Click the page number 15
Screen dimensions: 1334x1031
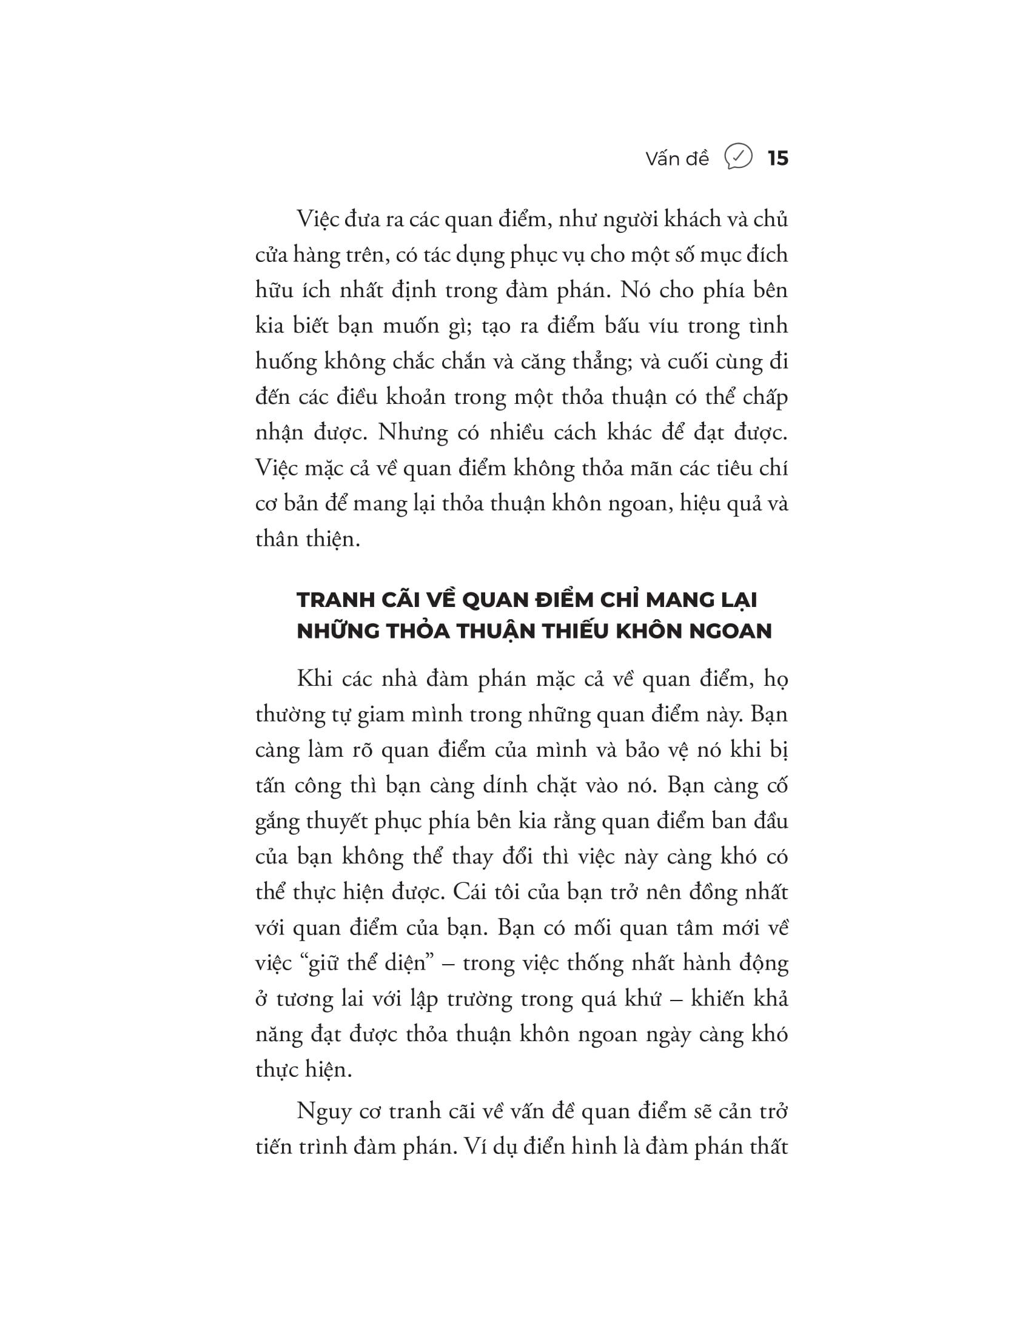[777, 159]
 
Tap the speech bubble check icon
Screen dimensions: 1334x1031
[738, 158]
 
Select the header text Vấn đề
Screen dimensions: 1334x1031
[677, 159]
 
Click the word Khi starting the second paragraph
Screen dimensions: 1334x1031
[315, 679]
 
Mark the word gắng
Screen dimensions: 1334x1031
[277, 822]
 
